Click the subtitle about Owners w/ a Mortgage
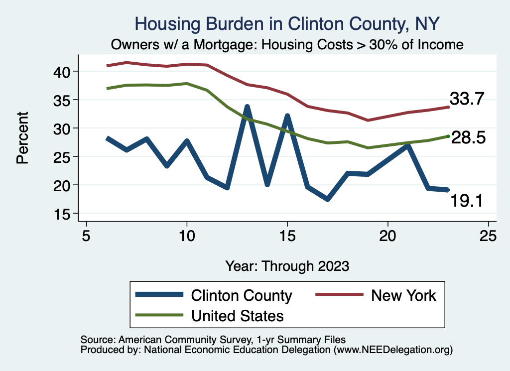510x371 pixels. (x=287, y=44)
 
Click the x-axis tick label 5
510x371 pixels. (x=87, y=235)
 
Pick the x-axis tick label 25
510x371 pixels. (x=488, y=235)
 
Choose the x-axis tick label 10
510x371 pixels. (x=187, y=235)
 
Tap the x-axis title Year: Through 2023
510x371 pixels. (x=287, y=265)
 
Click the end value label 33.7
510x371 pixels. (x=467, y=99)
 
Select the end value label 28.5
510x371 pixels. (x=468, y=138)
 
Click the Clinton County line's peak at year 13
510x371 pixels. (x=247, y=107)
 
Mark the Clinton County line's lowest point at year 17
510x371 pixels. (x=327, y=199)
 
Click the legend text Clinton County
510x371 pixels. (x=242, y=295)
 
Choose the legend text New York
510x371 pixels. (x=403, y=295)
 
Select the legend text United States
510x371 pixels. (x=238, y=315)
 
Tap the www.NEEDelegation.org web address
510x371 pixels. (x=393, y=350)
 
